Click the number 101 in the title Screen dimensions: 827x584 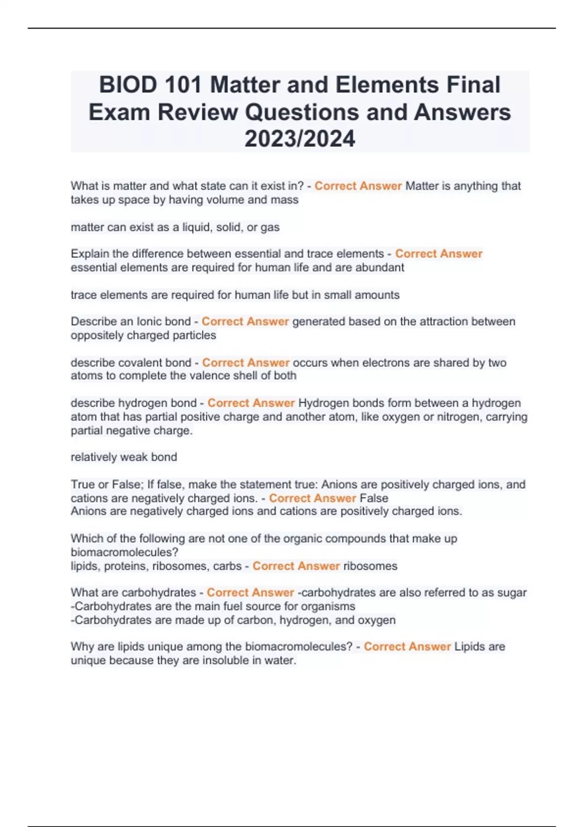click(x=183, y=85)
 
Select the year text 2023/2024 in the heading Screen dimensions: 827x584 click(x=300, y=139)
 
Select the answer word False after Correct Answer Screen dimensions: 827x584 click(x=374, y=498)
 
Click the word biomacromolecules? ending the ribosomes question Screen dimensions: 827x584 click(x=125, y=552)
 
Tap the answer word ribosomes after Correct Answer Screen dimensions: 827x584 click(x=370, y=566)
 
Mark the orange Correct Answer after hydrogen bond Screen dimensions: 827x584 click(x=251, y=403)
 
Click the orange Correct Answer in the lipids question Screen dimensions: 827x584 click(x=407, y=647)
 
